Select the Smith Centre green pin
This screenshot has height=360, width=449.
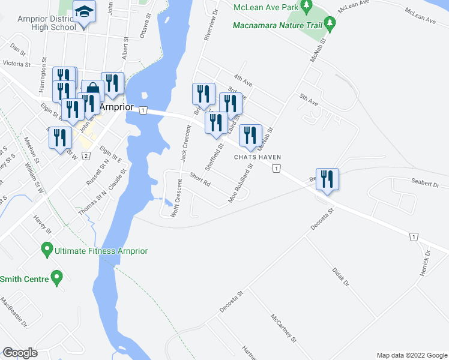[56, 278]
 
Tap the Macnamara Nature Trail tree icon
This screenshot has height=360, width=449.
[330, 24]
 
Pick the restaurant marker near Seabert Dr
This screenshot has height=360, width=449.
[327, 179]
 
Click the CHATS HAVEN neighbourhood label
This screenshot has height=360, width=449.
[258, 158]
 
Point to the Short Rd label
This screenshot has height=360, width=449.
[199, 178]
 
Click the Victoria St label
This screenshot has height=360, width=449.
[16, 63]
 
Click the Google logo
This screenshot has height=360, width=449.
[20, 353]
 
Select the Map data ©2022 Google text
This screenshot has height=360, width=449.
[411, 355]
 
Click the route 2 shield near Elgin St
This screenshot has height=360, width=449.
[86, 157]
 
